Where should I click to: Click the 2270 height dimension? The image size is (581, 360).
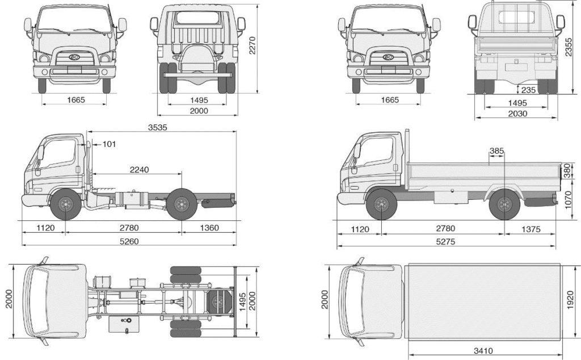pyautogui.click(x=252, y=45)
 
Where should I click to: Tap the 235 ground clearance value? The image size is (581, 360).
pyautogui.click(x=528, y=90)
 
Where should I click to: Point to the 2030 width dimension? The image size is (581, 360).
pyautogui.click(x=517, y=114)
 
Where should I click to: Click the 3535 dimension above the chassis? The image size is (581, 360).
pyautogui.click(x=158, y=127)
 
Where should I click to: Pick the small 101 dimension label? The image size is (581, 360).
pyautogui.click(x=109, y=144)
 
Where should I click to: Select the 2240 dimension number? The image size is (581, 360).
pyautogui.click(x=140, y=169)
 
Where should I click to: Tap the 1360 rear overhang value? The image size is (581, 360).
pyautogui.click(x=209, y=228)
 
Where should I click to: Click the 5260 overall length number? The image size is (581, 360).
pyautogui.click(x=129, y=241)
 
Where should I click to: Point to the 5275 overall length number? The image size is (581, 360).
pyautogui.click(x=445, y=242)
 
